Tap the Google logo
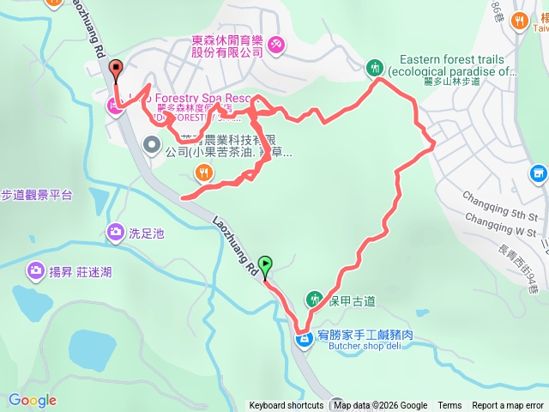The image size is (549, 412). coord(32,400)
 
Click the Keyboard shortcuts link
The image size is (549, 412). coord(287,406)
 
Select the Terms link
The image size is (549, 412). coord(449,406)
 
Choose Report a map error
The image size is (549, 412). coord(508,406)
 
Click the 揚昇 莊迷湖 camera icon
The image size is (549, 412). coord(35,272)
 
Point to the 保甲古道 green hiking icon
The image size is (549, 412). coord(314,299)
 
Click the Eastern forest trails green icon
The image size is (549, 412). coord(374,67)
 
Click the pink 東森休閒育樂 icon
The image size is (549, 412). coord(276,45)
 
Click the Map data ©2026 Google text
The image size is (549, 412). coord(381,406)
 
